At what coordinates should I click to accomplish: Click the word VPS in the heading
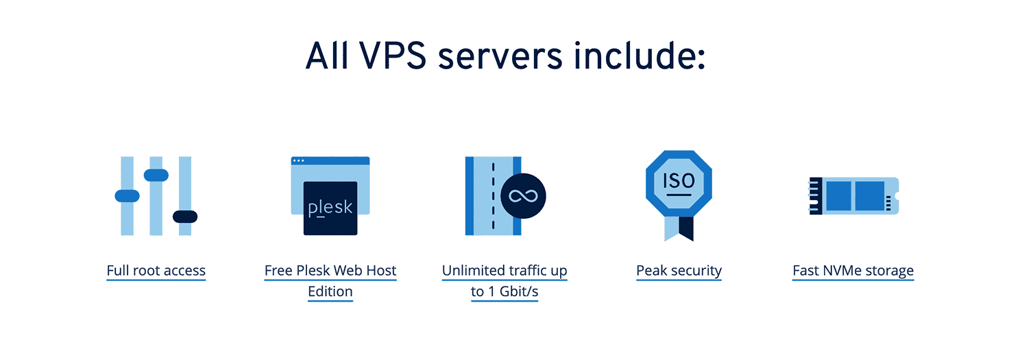(393, 56)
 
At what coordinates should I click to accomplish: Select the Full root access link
(156, 270)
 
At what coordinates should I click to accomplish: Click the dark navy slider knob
(185, 217)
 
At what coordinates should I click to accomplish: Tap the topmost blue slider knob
(156, 175)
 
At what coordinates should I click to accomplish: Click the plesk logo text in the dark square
(330, 208)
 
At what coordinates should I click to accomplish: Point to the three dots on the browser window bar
(297, 160)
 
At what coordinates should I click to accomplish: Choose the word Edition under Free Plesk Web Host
(330, 291)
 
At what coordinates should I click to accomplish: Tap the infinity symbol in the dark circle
(523, 196)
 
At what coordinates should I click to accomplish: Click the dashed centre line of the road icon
(494, 196)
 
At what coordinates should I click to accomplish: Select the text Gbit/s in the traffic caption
(519, 291)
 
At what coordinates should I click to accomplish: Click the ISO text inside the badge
(679, 181)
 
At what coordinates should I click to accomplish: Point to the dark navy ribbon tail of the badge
(686, 228)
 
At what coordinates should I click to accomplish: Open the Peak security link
(679, 270)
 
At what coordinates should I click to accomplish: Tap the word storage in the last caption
(890, 272)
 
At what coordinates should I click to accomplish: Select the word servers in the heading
(500, 57)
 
